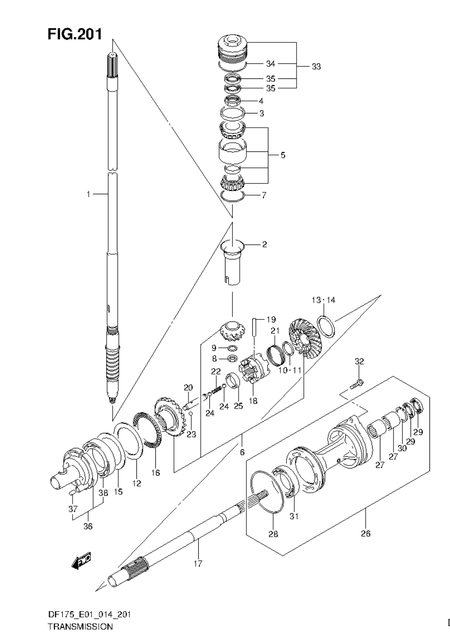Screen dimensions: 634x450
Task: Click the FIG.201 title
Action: click(75, 35)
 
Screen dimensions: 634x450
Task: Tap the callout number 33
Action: click(316, 67)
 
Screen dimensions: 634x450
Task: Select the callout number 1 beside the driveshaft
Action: click(88, 194)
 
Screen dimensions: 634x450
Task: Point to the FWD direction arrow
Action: click(81, 561)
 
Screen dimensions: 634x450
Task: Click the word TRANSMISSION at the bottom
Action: click(80, 627)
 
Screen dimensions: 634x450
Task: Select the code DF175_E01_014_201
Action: click(88, 615)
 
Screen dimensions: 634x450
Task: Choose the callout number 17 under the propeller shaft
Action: click(198, 563)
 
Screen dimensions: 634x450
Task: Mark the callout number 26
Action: click(365, 533)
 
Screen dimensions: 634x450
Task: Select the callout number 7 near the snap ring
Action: click(264, 196)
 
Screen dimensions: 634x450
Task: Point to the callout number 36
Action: click(89, 526)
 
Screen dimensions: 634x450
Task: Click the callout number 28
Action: click(273, 534)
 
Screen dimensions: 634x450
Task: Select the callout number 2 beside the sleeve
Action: click(264, 244)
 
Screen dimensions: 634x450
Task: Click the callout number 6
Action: click(242, 451)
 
